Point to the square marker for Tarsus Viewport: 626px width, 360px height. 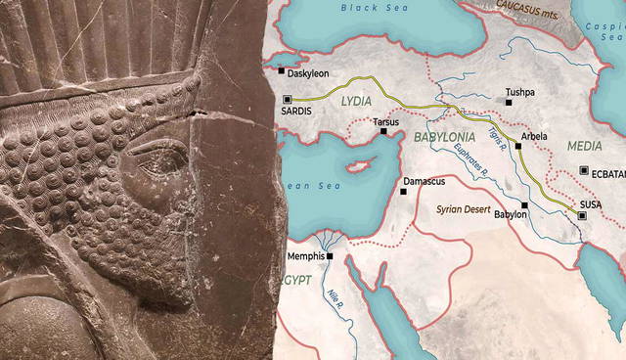pos(384,131)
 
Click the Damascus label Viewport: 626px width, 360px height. pos(427,182)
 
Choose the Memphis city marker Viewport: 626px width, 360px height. pos(331,256)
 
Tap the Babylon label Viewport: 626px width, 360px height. pos(509,214)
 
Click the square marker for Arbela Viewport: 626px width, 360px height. pos(518,146)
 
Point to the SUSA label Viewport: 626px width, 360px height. pos(591,203)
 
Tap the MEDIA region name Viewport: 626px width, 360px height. pos(584,146)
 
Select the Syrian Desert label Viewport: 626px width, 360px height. pos(463,210)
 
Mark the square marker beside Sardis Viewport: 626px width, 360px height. pos(287,99)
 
